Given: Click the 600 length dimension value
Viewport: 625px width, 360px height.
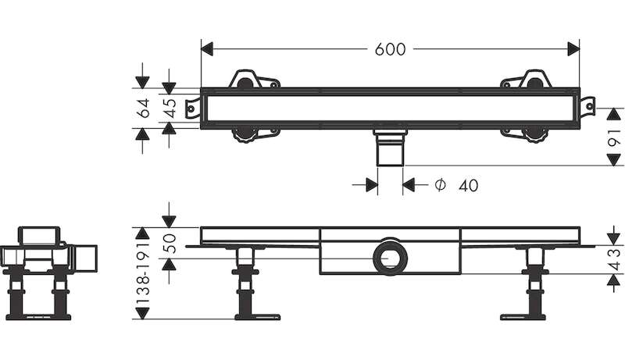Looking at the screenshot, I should (390, 48).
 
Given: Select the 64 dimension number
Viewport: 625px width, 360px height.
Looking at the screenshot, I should (143, 109).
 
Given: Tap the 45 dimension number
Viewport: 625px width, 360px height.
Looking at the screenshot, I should (169, 109).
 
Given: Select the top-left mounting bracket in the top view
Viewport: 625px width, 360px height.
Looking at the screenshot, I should (252, 80).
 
